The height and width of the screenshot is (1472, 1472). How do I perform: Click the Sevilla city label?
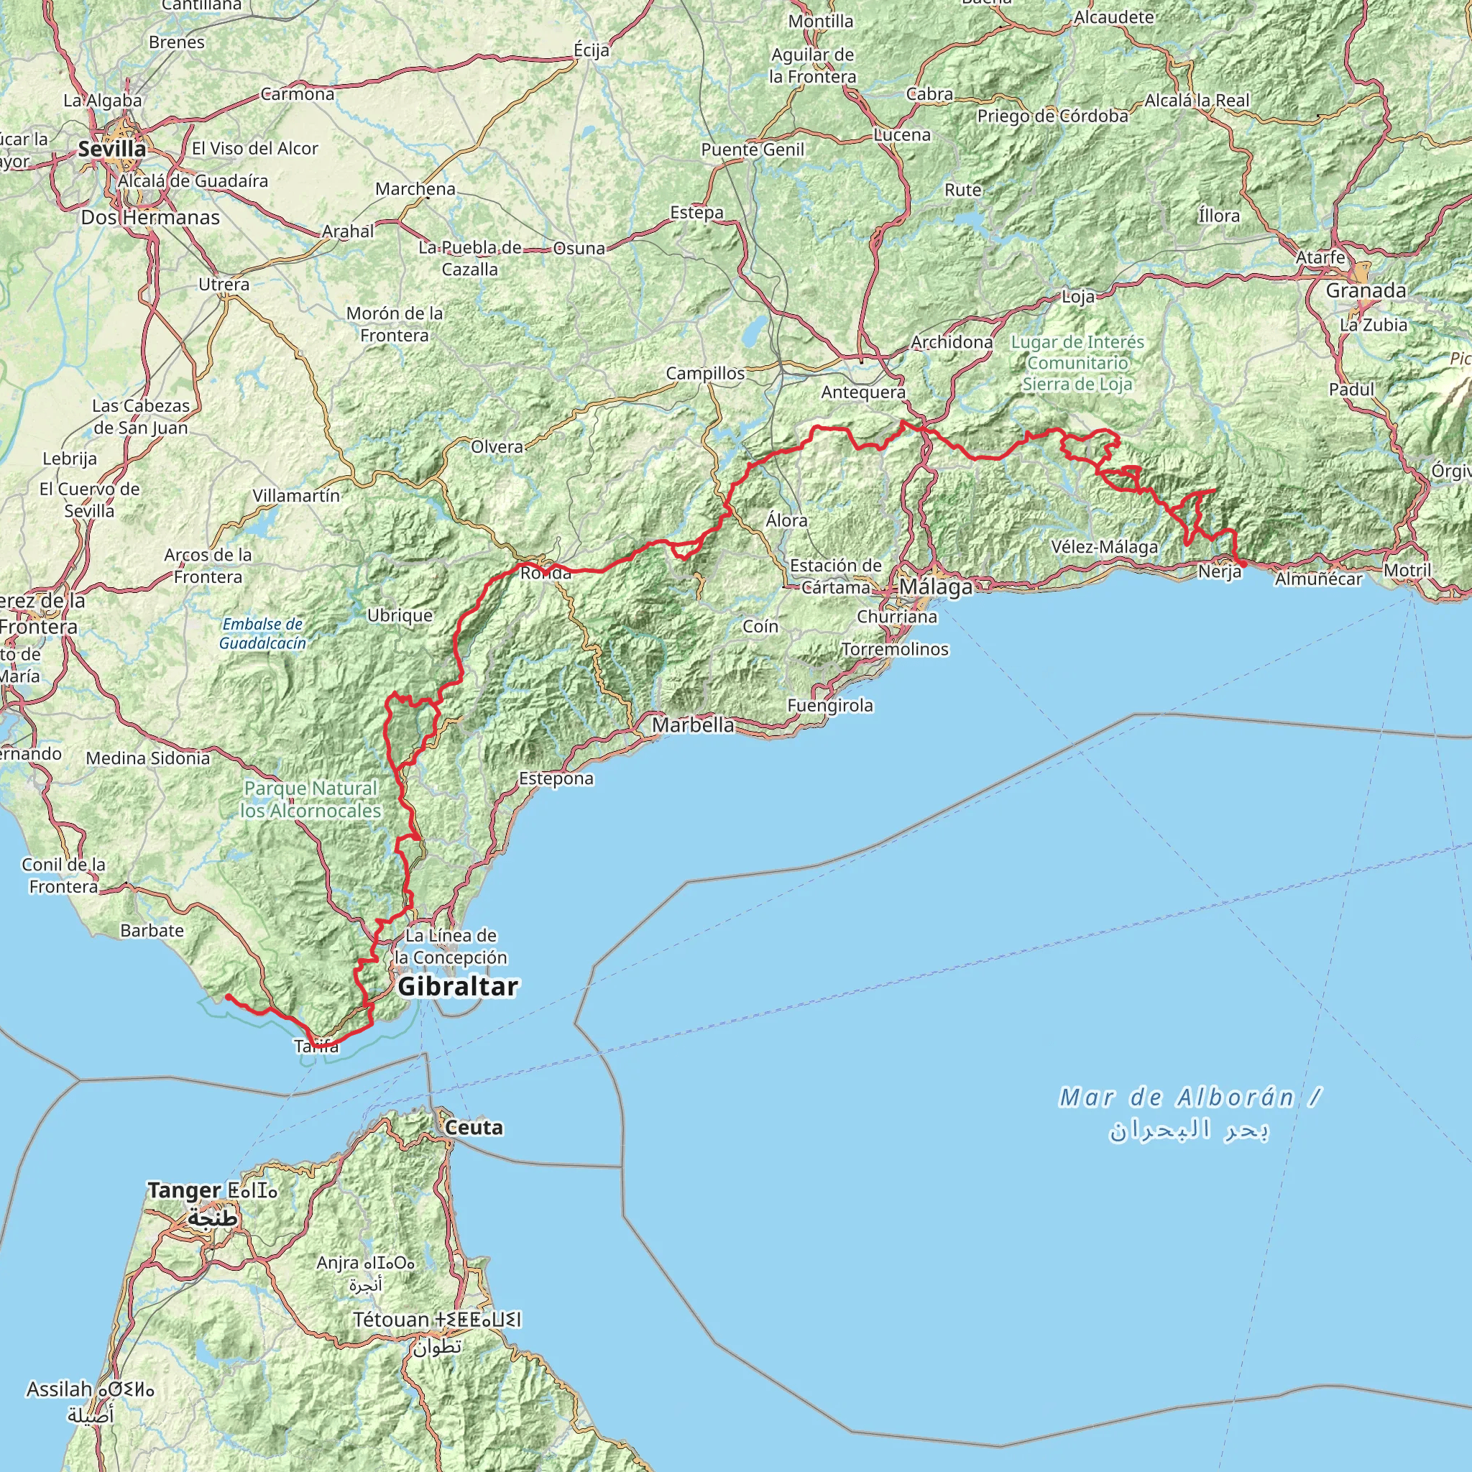[112, 149]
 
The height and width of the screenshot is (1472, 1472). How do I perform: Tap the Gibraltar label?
[458, 987]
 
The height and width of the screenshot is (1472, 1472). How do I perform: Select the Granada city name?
[1366, 290]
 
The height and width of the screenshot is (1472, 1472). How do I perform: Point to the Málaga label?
[936, 587]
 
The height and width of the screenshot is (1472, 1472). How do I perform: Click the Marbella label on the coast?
[693, 725]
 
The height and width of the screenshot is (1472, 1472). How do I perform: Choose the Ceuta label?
[472, 1128]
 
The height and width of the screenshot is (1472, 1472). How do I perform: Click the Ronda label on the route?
[546, 573]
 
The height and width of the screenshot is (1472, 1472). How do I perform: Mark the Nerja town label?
[1219, 571]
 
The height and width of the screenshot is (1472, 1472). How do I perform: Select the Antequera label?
[863, 392]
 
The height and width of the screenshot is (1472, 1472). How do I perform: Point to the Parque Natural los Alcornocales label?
[310, 800]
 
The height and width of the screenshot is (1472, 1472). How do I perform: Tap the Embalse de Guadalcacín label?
[263, 634]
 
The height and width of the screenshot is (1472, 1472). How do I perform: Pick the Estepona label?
[556, 778]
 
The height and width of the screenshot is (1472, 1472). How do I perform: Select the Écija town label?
[592, 50]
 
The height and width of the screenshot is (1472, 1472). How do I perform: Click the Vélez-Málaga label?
[1104, 547]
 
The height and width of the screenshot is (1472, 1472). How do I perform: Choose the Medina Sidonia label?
[148, 758]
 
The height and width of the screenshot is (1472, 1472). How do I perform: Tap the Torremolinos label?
[896, 649]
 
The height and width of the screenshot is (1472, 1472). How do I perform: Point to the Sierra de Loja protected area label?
[1077, 364]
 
